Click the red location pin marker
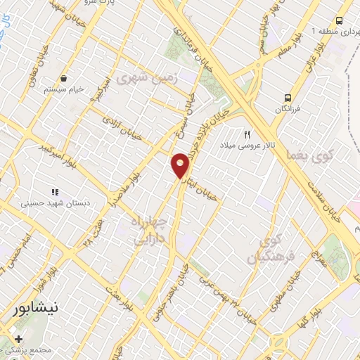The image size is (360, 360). tap(181, 165)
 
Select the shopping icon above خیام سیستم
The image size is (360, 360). tap(65, 78)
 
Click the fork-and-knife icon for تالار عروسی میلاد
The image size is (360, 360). tap(247, 134)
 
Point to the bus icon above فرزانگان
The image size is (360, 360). tap(287, 98)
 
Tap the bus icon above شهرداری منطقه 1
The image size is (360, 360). tap(339, 21)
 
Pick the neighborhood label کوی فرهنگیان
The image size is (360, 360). tap(266, 250)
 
